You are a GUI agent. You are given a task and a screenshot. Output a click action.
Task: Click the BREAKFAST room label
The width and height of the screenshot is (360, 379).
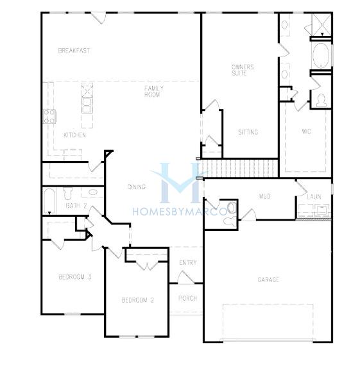74,51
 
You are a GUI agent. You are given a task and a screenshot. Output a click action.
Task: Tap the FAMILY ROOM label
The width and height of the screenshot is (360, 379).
154,91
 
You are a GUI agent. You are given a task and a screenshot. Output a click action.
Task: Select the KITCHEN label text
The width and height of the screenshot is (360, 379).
74,135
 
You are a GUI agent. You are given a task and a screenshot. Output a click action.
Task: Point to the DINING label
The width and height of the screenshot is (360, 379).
137,187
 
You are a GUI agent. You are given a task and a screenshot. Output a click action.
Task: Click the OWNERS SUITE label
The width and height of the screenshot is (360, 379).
243,70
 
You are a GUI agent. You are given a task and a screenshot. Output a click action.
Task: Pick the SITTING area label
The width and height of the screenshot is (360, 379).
248,132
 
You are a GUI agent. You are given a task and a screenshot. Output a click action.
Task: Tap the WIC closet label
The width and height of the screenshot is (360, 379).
306,131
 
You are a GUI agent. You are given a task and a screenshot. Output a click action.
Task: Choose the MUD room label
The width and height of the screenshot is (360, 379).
264,196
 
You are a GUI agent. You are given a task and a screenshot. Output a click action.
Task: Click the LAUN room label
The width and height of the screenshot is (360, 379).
314,197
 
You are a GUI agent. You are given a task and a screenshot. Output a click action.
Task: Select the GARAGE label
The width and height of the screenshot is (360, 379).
268,280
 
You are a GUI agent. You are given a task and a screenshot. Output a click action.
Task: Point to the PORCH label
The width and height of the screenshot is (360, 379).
187,298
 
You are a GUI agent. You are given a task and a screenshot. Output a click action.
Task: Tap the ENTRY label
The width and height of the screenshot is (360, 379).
188,262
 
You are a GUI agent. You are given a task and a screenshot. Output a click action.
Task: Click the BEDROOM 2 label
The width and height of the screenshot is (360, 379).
137,300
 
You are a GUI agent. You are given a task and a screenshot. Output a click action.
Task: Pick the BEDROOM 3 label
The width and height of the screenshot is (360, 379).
75,277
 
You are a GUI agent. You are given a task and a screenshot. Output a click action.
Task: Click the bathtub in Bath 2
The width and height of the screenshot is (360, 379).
50,201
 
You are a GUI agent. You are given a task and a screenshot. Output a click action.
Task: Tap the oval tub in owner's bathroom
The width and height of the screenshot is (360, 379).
321,56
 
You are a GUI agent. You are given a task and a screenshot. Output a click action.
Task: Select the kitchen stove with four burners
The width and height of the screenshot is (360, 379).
49,116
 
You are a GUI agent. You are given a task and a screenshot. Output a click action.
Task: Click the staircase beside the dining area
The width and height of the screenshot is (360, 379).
238,168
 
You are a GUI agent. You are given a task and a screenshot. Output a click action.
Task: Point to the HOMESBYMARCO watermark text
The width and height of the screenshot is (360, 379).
180,212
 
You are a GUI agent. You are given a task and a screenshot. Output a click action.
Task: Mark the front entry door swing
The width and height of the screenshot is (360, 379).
186,277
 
